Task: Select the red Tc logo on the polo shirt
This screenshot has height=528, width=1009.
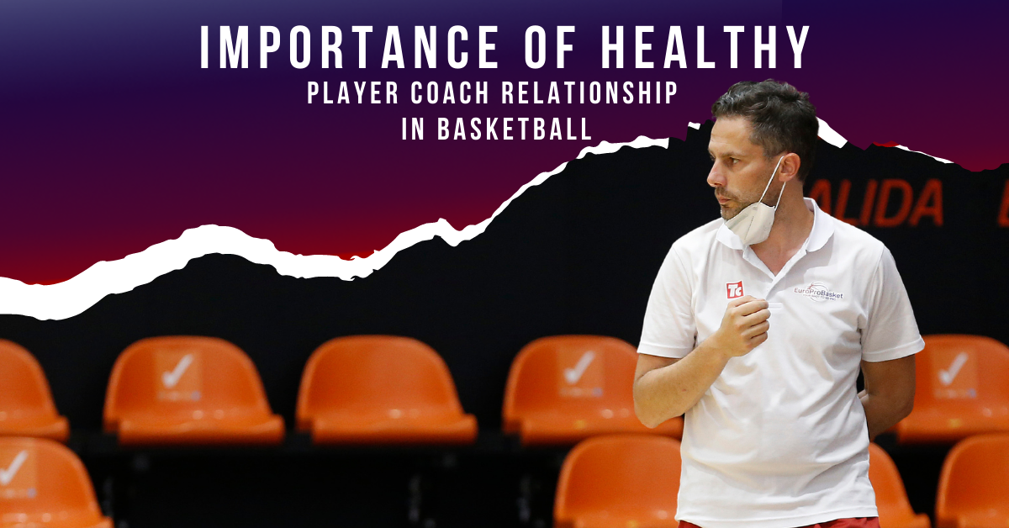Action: click(734, 289)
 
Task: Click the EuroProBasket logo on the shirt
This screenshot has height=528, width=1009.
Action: click(819, 293)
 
